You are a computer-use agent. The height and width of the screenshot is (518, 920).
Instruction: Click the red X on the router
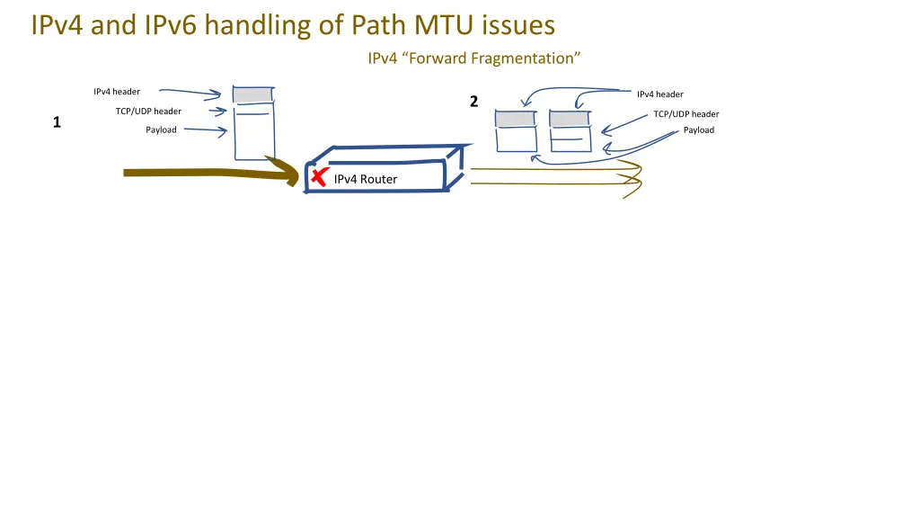pyautogui.click(x=317, y=177)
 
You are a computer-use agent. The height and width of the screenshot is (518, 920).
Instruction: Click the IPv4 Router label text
pyautogui.click(x=365, y=179)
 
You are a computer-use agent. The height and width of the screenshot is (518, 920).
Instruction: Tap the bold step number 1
pyautogui.click(x=57, y=122)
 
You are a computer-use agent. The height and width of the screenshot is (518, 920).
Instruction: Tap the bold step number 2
pyautogui.click(x=473, y=102)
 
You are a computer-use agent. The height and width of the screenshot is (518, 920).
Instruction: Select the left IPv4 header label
pyautogui.click(x=117, y=92)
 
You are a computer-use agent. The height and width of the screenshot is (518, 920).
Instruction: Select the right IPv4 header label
pyautogui.click(x=660, y=94)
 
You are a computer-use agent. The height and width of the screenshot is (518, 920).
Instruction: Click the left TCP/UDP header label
pyautogui.click(x=148, y=112)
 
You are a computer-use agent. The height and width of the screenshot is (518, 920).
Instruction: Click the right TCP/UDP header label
pyautogui.click(x=686, y=114)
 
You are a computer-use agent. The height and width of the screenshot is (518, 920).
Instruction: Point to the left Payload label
pyautogui.click(x=161, y=130)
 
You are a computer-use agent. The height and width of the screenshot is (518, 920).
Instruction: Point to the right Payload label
pyautogui.click(x=698, y=130)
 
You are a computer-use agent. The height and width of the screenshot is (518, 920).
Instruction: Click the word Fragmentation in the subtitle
pyautogui.click(x=526, y=58)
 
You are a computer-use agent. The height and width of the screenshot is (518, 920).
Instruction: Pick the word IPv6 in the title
pyautogui.click(x=172, y=25)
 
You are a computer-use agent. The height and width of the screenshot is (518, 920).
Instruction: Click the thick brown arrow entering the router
pyautogui.click(x=207, y=172)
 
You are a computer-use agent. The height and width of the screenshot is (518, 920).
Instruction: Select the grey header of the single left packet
pyautogui.click(x=252, y=94)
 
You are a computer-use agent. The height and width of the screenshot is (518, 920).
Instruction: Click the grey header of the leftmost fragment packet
pyautogui.click(x=516, y=119)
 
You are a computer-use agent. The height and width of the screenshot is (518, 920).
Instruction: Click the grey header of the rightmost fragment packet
pyautogui.click(x=570, y=119)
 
